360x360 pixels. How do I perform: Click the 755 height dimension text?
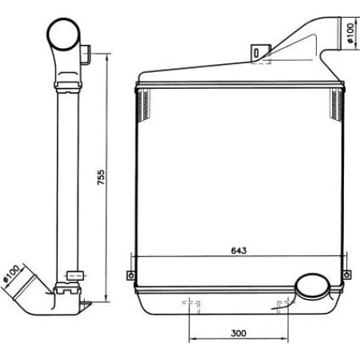click(101, 177)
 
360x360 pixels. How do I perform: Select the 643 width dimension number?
click(238, 250)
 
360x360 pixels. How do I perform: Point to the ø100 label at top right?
click(350, 30)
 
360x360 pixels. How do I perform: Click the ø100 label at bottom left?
click(12, 274)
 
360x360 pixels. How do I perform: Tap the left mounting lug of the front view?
click(130, 276)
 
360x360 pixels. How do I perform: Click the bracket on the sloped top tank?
click(259, 52)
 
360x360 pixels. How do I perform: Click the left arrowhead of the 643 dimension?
click(135, 257)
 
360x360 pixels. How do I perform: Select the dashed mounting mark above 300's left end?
click(190, 304)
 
